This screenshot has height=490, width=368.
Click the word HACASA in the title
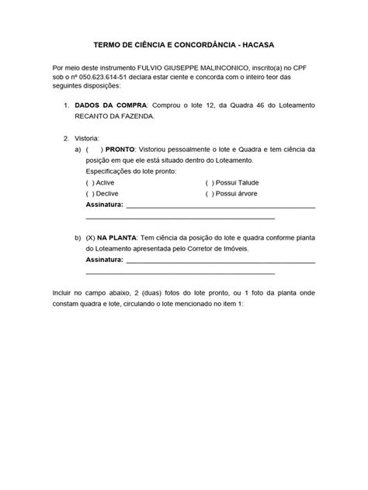coord(256,45)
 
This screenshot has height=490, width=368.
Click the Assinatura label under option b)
coord(104,261)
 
